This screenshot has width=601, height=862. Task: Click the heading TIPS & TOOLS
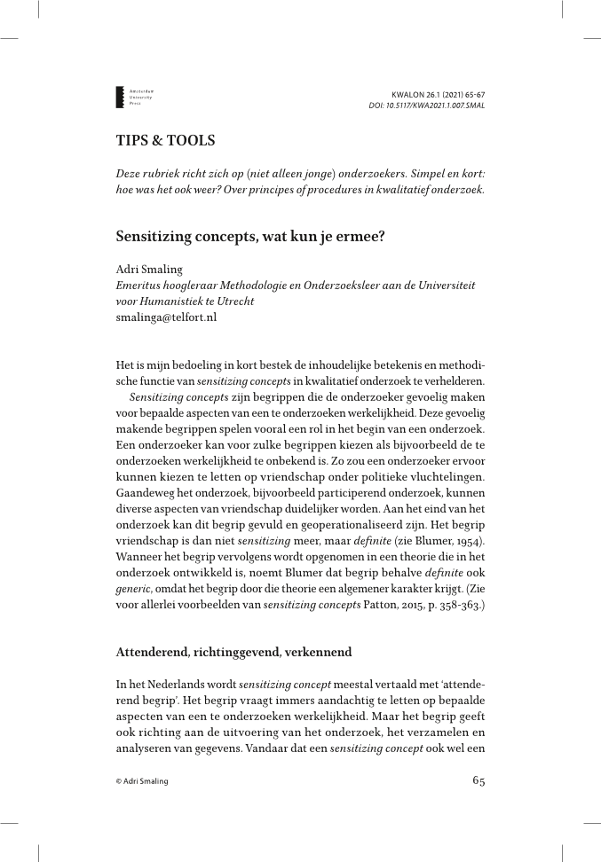click(165, 140)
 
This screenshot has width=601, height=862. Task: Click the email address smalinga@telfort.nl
click(167, 317)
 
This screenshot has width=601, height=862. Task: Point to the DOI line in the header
click(426, 106)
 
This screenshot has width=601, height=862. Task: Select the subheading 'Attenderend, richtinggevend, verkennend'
click(233, 652)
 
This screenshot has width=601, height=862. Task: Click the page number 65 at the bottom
click(478, 781)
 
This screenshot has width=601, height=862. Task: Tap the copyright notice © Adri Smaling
click(142, 781)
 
